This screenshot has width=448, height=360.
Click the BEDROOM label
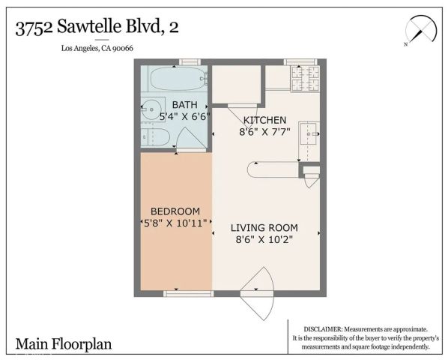(175, 211)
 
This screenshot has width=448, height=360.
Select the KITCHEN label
(264, 119)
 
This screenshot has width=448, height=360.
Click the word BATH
(184, 105)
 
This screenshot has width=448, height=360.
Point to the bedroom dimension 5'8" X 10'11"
(175, 223)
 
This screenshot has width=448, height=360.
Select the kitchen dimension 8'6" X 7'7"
(264, 131)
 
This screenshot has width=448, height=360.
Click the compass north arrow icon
(418, 31)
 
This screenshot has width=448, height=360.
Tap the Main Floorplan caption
(63, 344)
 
